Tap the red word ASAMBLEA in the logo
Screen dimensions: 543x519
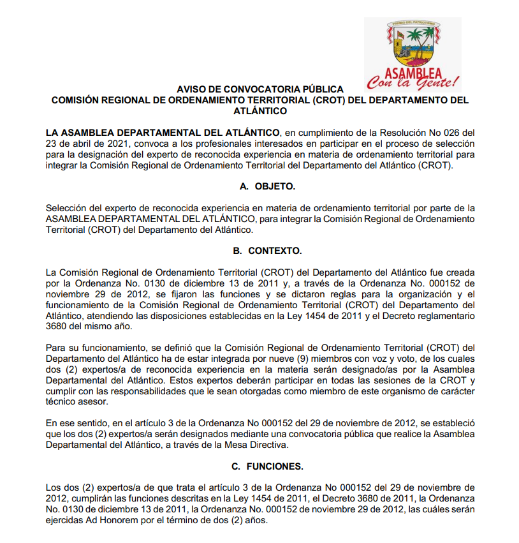[x=413, y=71]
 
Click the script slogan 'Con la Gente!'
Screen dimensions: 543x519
[x=413, y=82]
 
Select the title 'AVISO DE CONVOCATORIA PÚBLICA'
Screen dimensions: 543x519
[x=259, y=90]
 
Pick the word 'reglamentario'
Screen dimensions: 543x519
[x=445, y=315]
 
